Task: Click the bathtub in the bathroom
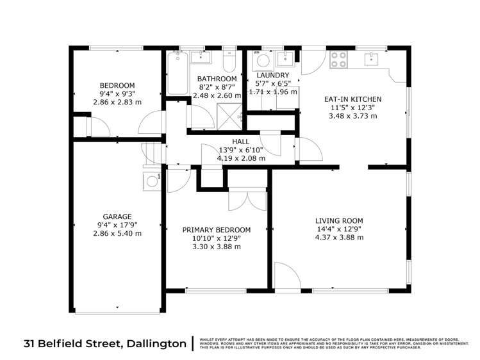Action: (177, 74)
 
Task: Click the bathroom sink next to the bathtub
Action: (201, 57)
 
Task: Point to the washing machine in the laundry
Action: (262, 62)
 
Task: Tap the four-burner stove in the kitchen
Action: (338, 60)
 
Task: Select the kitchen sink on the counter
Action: (372, 60)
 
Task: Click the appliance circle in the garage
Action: (152, 181)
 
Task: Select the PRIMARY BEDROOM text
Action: (216, 230)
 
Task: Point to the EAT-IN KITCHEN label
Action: (352, 99)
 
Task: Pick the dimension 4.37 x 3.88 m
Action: (339, 237)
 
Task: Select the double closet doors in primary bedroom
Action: (246, 199)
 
